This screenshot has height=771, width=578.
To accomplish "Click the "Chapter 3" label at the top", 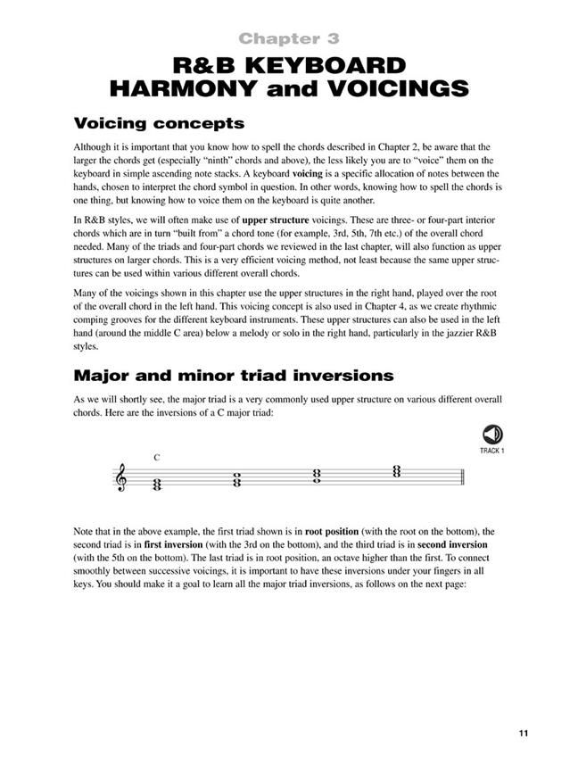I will pyautogui.click(x=288, y=38).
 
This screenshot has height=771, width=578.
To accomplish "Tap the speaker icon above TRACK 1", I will pyautogui.click(x=491, y=435).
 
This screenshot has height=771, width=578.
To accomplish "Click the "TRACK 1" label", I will pyautogui.click(x=491, y=451).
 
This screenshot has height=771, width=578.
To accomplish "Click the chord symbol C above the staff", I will pyautogui.click(x=156, y=458).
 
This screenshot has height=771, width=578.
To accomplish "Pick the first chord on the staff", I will pyautogui.click(x=157, y=485).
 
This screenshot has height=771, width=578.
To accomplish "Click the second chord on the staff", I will pyautogui.click(x=236, y=480).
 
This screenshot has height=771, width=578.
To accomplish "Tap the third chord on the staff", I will pyautogui.click(x=317, y=476).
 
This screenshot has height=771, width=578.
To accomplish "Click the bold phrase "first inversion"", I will pyautogui.click(x=172, y=543).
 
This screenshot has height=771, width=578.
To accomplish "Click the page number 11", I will pyautogui.click(x=523, y=734).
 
